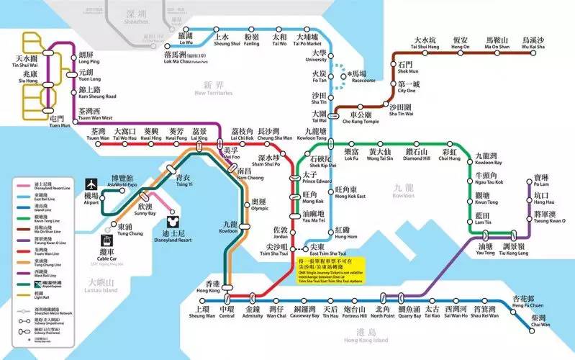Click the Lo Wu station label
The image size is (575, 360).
[186, 38]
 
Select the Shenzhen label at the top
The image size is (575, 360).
[135, 15]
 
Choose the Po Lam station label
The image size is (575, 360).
[541, 181]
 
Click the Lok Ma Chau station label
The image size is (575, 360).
[185, 57]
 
